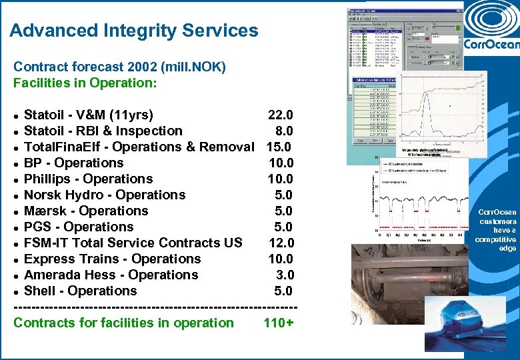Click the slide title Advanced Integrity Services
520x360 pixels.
point(134,31)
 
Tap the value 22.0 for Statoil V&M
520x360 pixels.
point(280,115)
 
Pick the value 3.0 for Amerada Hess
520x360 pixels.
point(285,275)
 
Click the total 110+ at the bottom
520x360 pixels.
point(279,323)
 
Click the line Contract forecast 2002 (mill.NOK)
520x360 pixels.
point(120,67)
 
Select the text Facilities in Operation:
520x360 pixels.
point(85,83)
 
